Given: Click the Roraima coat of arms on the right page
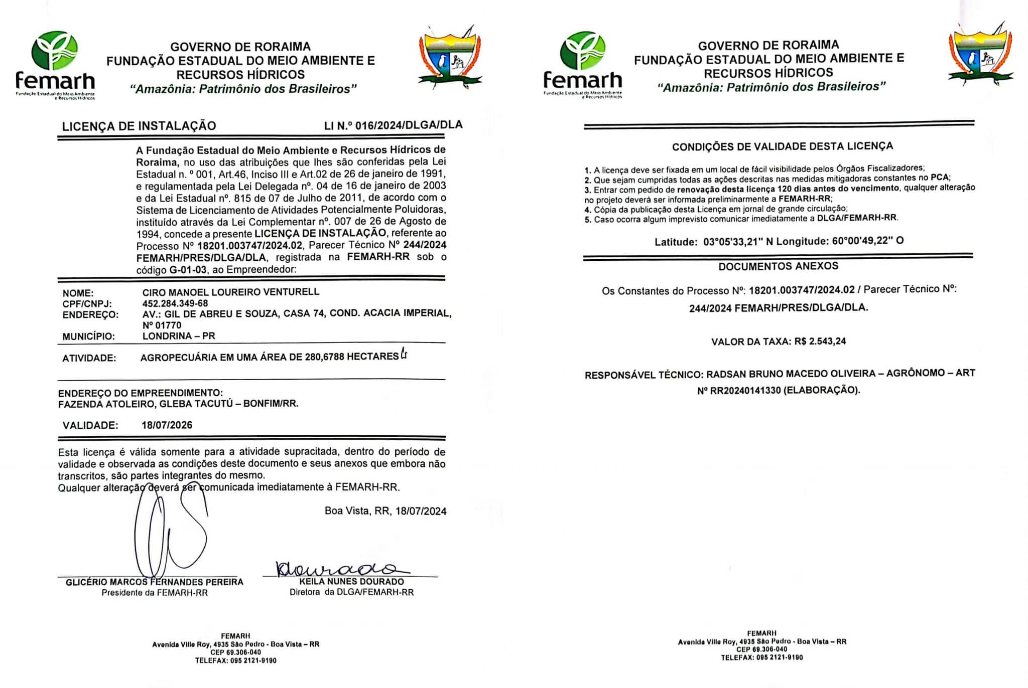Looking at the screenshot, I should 980,55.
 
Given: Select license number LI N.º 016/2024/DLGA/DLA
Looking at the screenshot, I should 393,125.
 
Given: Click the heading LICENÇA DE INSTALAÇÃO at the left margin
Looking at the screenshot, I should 139,126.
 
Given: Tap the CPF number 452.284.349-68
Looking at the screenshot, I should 175,303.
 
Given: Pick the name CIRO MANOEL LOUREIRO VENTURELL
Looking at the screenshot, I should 231,292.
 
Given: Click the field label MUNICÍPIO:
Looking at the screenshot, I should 89,336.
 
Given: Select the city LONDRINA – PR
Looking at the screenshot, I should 179,336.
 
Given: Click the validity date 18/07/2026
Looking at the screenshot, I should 167,425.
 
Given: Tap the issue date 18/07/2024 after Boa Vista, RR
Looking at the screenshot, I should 421,511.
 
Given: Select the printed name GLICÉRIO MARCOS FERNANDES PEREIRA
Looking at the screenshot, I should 155,582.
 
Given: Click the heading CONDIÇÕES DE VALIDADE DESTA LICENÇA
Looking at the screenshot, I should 783,146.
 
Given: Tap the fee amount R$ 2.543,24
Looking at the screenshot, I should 820,341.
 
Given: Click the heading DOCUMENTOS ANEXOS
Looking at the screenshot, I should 778,266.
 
